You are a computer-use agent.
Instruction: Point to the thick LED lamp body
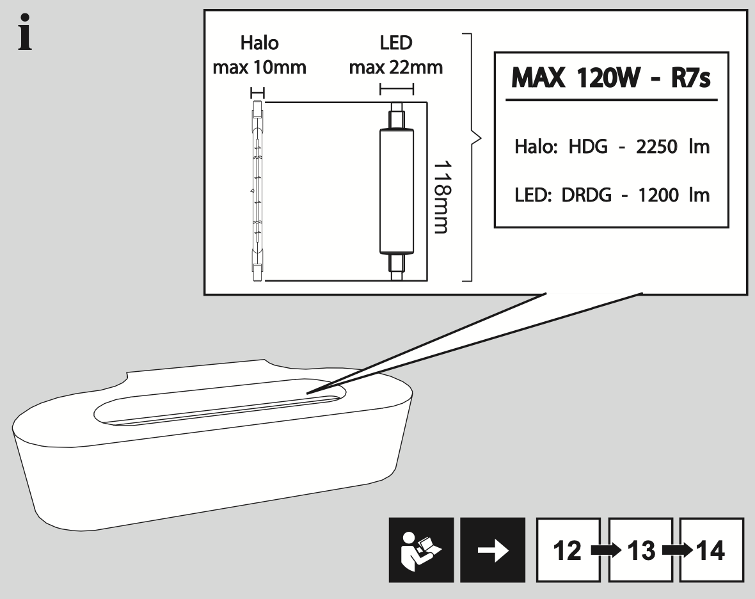click(397, 192)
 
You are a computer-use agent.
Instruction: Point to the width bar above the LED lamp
click(397, 89)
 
